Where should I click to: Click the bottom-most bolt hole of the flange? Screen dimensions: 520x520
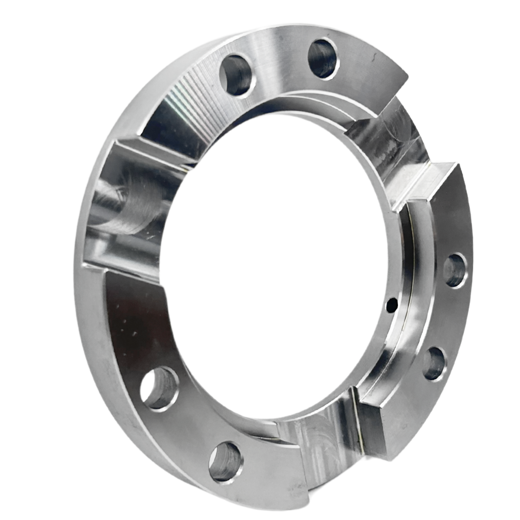click(225, 459)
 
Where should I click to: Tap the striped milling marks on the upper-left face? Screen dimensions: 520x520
click(191, 93)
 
